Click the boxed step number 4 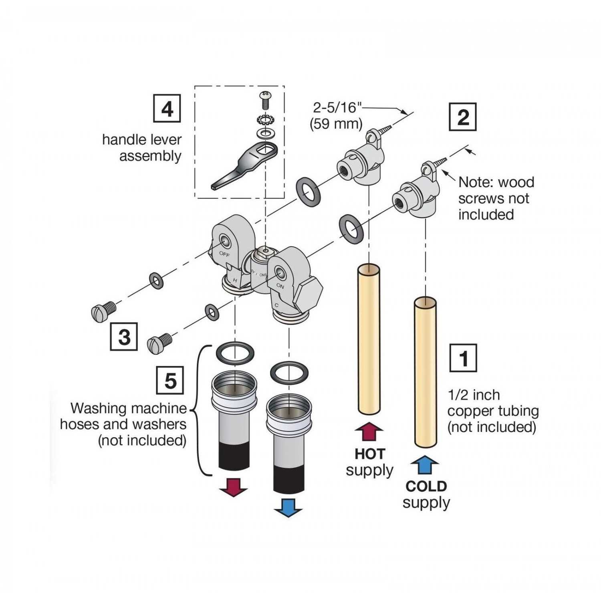[167, 108]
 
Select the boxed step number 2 [463, 117]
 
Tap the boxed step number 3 [124, 337]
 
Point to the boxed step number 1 [463, 358]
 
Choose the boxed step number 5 [170, 380]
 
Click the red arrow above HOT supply [369, 432]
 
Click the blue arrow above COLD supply [425, 465]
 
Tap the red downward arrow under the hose [234, 487]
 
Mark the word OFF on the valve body [224, 254]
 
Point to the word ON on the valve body [280, 286]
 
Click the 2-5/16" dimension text [337, 107]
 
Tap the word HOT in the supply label [369, 454]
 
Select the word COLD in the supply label [426, 486]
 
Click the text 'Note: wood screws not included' [496, 198]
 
